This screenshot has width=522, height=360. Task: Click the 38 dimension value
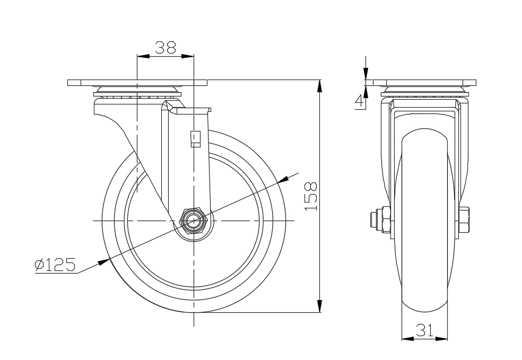166,48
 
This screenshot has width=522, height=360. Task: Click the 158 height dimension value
311,196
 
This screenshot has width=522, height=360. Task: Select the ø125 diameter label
55,265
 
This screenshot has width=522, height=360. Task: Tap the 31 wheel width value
425,330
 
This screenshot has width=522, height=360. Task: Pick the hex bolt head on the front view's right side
464,220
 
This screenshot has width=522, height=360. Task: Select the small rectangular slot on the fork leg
195,139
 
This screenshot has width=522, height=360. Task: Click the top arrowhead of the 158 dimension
319,86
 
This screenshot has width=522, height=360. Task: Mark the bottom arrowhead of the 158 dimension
319,306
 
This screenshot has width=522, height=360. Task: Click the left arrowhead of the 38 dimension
143,56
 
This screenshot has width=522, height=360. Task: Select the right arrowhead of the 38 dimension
187,56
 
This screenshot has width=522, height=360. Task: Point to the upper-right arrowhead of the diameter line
283,179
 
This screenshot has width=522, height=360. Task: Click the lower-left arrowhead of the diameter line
104,262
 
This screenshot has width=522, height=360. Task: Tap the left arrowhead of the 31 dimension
408,339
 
